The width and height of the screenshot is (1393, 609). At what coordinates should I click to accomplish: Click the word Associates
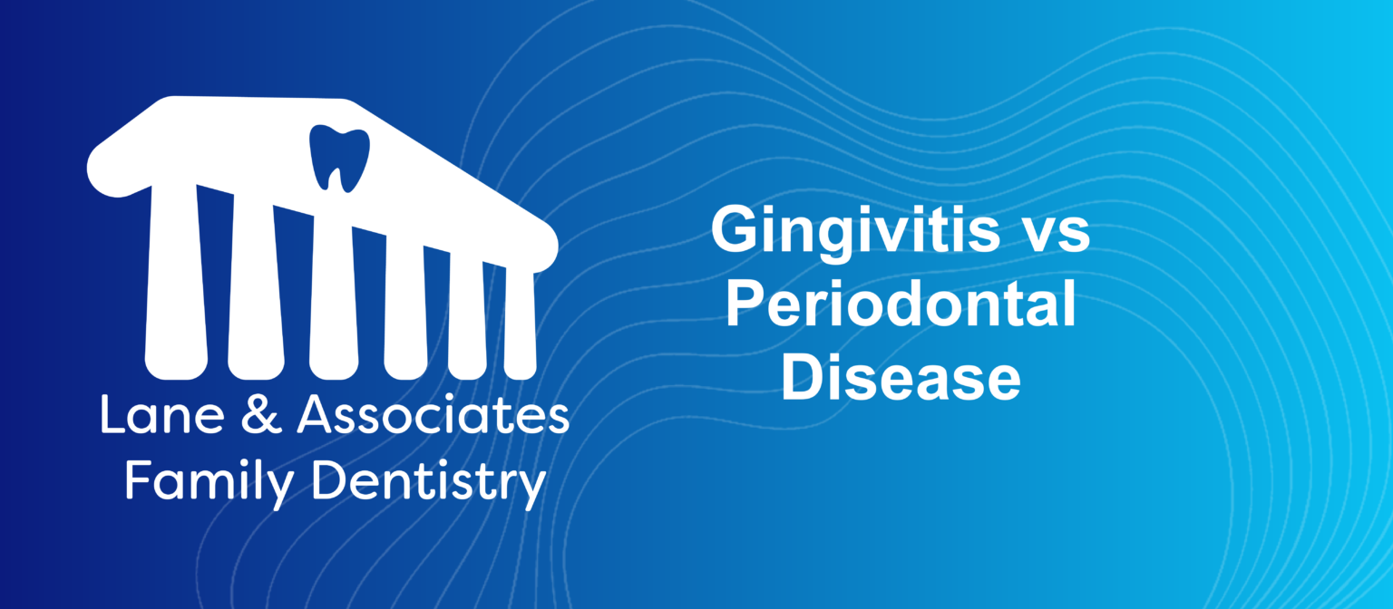433,416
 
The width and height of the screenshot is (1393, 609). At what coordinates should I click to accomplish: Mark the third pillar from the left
333,299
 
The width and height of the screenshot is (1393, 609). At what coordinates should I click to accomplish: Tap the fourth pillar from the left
404,308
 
